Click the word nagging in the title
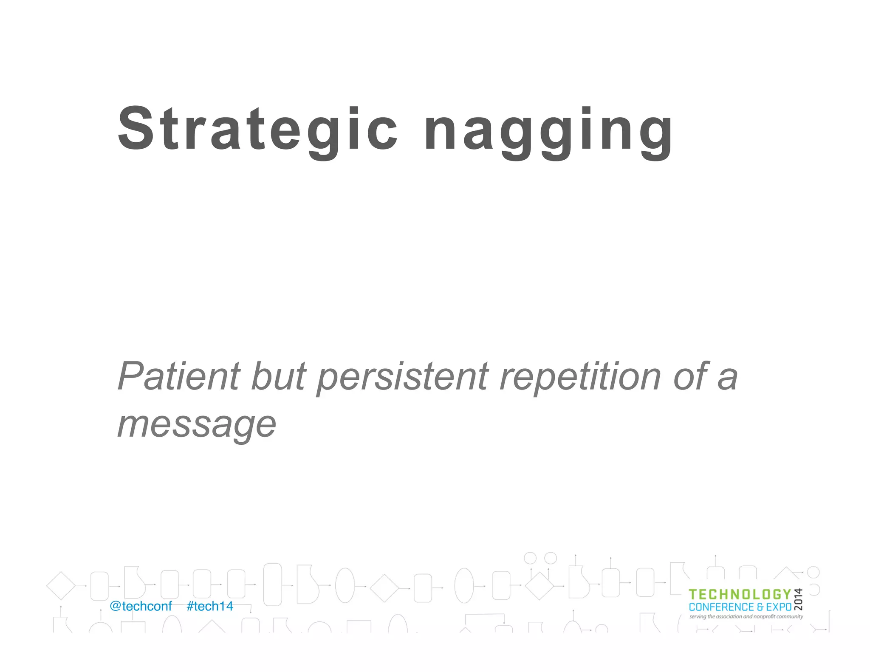coord(548,132)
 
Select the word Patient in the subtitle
coord(179,376)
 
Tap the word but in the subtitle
coord(278,376)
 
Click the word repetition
coord(580,376)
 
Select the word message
coord(197,425)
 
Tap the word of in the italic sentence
coord(690,376)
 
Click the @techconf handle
coord(141,606)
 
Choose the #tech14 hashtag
coord(210,606)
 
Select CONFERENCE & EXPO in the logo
coord(740,607)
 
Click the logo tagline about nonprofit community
coord(746,616)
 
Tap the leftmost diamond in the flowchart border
coord(61,586)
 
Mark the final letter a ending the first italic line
coord(727,378)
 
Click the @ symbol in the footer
coord(115,606)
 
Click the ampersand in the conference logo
coord(760,607)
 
